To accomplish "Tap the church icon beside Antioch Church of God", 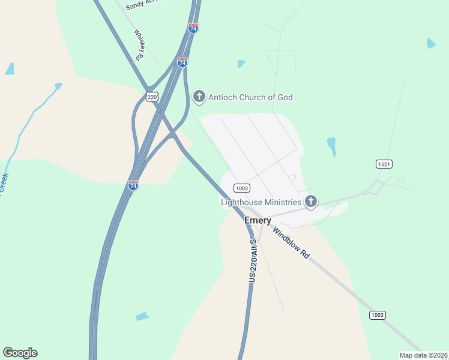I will [199, 97].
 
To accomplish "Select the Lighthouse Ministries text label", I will [262, 202].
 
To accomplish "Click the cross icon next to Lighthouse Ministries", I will [311, 202].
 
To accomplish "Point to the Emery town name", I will [258, 221].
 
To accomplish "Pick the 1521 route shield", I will [384, 164].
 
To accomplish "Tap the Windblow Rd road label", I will [291, 242].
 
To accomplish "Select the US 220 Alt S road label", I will [253, 261].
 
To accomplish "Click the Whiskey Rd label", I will [139, 45].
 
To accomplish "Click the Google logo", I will [20, 353].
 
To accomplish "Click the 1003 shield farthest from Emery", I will [378, 315].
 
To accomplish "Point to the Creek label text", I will [4, 184].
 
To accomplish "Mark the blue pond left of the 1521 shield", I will [331, 146].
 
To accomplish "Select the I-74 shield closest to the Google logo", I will [133, 185].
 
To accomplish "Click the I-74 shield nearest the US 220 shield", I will [182, 62].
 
